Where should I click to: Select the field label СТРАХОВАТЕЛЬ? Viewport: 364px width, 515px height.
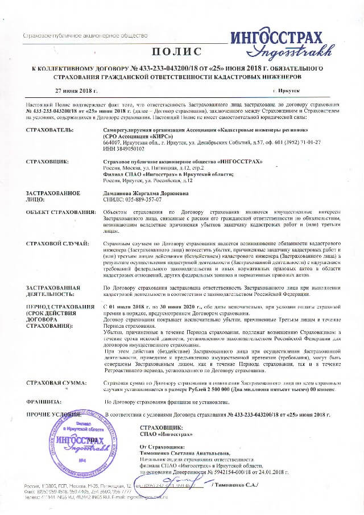(x=51, y=130)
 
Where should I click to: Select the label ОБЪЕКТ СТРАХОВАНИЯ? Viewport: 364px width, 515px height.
(x=61, y=212)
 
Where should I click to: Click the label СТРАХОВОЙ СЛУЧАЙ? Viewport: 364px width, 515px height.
(x=57, y=244)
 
